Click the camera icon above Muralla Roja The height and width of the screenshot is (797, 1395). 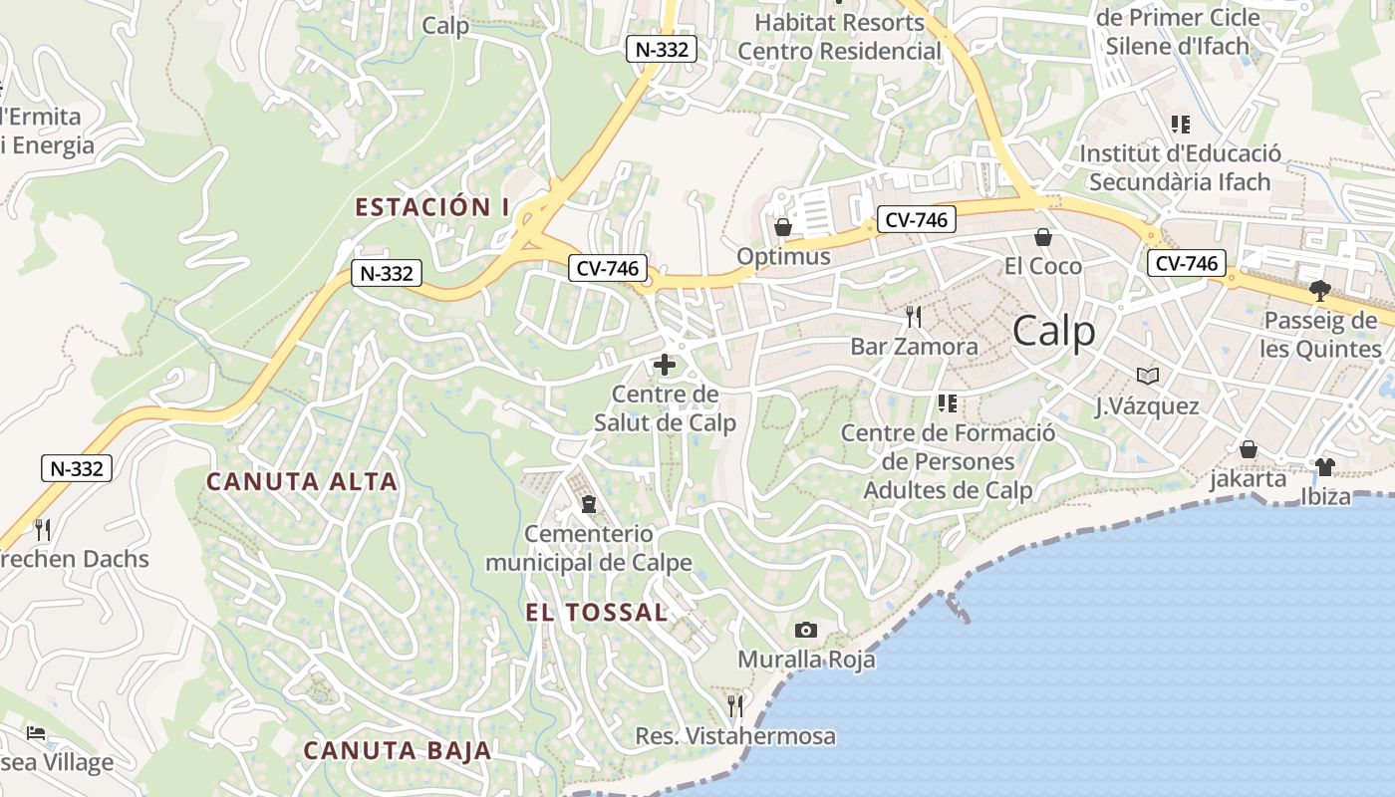coord(806,630)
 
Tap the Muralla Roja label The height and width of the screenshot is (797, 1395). coord(806,660)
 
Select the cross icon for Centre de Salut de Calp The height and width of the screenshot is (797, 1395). coord(664,365)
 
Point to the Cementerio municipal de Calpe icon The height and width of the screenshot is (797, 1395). coord(588,504)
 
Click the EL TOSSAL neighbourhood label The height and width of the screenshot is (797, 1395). coord(597,613)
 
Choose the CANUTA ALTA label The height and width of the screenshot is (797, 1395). coord(302,482)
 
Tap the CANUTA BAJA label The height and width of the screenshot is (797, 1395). coord(398,750)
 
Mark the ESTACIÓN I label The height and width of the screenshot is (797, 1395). coord(432,207)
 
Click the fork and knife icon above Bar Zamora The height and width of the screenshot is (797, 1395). coord(914,317)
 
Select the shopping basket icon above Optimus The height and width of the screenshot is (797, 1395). coord(783,227)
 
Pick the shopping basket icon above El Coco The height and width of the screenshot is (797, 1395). coord(1043,237)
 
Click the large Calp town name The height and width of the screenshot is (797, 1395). coord(1054,332)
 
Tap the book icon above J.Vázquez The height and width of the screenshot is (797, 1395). coord(1148,377)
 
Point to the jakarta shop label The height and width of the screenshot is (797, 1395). coord(1248,479)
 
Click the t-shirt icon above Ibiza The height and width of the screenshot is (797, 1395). coord(1324,467)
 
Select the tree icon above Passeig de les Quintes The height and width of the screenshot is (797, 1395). coord(1320,291)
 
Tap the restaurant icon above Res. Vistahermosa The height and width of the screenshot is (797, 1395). coord(735,706)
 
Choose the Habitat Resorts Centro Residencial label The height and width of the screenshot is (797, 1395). coord(840,36)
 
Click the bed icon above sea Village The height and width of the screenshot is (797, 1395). coord(36,733)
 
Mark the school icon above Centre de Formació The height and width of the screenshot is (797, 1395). coord(947,403)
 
